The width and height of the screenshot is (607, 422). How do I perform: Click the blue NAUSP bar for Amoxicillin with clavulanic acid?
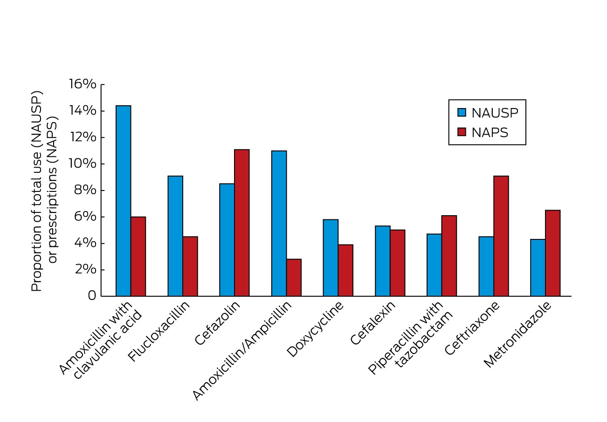123,201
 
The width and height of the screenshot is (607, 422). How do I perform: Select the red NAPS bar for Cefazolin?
241,223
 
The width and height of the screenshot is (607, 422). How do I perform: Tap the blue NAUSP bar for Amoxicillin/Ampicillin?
279,223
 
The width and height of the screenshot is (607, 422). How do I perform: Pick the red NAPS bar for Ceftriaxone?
501,236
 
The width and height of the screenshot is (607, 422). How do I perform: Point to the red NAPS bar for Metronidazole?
553,253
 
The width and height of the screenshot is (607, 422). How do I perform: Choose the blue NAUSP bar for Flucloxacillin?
175,236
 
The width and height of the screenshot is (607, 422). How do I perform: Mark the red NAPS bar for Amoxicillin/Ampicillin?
294,278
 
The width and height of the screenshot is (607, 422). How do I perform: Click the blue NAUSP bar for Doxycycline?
331,258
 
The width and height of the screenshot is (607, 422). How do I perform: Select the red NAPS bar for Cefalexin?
398,263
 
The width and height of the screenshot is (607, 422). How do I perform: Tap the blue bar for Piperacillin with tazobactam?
434,265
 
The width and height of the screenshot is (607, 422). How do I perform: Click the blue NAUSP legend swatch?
462,113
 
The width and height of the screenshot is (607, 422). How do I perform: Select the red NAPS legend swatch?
462,132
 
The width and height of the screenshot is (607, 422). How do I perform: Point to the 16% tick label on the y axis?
83,84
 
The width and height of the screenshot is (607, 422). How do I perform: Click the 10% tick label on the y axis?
83,163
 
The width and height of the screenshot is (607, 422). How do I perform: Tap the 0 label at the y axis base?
92,296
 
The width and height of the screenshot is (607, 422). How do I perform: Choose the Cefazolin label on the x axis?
217,323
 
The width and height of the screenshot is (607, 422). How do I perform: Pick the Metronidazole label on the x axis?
517,334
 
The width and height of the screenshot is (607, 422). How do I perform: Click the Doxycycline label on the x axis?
315,329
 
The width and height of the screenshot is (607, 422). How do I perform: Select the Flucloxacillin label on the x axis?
159,331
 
